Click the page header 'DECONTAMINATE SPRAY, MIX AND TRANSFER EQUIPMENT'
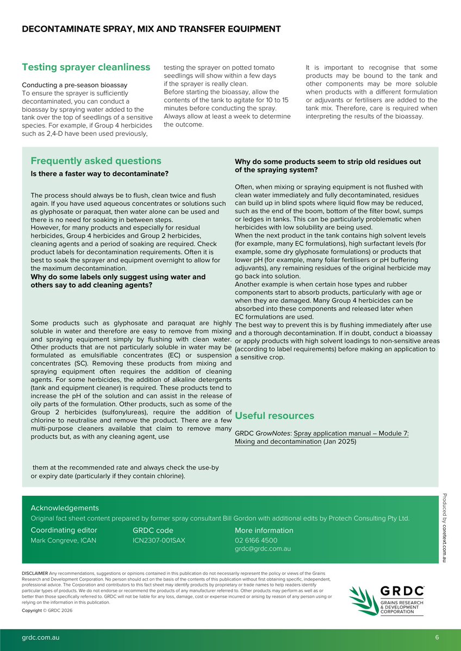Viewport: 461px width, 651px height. point(151,29)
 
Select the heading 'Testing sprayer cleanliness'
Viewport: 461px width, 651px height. point(86,67)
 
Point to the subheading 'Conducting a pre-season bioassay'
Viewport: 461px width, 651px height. point(74,85)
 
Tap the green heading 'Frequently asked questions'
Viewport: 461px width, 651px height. point(96,161)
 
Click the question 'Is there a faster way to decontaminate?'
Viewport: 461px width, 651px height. point(99,174)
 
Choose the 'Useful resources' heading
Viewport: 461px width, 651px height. point(274,416)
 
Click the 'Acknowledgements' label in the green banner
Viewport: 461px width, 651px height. point(65,508)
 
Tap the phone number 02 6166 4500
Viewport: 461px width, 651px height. point(256,541)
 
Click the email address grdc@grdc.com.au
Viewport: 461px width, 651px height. point(263,549)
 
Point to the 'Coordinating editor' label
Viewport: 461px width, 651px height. point(64,530)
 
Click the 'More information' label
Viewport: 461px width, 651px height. point(264,530)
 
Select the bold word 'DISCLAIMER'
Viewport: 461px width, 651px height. point(34,573)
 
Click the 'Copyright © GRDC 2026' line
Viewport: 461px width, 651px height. point(47,611)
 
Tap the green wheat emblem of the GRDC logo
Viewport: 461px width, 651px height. point(363,601)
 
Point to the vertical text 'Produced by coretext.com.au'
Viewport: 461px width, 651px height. point(444,527)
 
